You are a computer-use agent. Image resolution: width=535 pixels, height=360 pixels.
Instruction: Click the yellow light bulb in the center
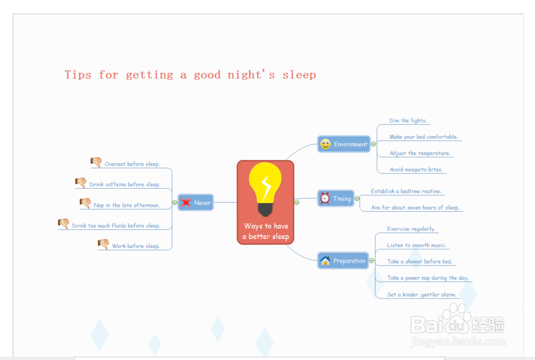point(265,189)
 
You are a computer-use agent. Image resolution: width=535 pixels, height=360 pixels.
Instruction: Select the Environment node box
point(343,144)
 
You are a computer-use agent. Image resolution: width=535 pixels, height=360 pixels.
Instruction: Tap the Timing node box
point(336,198)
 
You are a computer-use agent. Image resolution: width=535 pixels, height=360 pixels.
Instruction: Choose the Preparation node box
point(343,261)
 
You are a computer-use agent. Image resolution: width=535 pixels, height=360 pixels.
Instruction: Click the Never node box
point(195,202)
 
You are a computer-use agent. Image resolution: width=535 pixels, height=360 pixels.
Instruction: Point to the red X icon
point(186,202)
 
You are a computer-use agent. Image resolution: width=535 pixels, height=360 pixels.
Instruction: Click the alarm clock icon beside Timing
point(325,198)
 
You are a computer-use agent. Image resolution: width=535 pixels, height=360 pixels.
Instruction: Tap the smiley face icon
point(325,144)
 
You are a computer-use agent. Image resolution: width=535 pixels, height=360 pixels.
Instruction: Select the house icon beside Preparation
point(325,261)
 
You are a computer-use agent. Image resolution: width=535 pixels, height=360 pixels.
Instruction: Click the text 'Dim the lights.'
point(408,120)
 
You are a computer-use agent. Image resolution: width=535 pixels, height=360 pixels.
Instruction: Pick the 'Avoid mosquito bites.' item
point(416,170)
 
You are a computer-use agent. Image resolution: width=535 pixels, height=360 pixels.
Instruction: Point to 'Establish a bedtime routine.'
point(406,192)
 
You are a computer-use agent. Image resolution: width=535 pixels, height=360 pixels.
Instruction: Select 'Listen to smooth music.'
point(416,246)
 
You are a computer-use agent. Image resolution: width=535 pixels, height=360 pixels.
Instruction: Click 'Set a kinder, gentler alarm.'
point(422,295)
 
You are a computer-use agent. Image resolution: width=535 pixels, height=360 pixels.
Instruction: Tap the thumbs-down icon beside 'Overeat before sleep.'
point(96,162)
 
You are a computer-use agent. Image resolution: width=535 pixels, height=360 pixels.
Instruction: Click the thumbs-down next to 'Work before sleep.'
point(103,244)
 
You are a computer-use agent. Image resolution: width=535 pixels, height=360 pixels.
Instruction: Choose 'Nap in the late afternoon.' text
point(127,205)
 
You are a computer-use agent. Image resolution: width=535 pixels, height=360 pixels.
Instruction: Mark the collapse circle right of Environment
point(373,144)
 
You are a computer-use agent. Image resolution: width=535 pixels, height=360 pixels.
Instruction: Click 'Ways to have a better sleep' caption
point(266,231)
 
